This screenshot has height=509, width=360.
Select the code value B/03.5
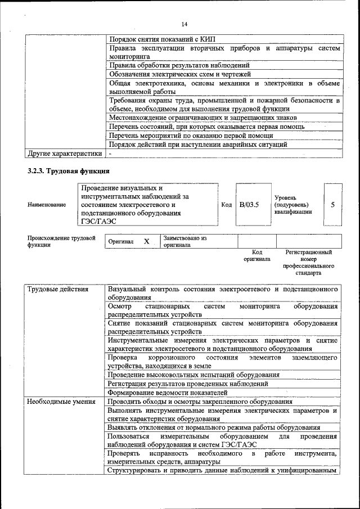tap(249, 205)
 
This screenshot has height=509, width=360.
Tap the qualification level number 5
tap(332, 205)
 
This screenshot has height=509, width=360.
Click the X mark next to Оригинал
tap(146, 241)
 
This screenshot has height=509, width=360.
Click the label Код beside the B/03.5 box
tap(227, 205)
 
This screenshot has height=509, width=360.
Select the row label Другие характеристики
tap(65, 153)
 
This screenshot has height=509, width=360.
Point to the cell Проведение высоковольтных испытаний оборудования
tap(193, 375)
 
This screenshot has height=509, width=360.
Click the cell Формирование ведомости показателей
tap(168, 393)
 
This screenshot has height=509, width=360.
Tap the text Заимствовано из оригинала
tap(185, 241)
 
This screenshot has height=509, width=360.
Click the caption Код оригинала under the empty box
tap(256, 256)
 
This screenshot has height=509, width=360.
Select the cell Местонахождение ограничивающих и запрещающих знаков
tap(202, 118)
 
